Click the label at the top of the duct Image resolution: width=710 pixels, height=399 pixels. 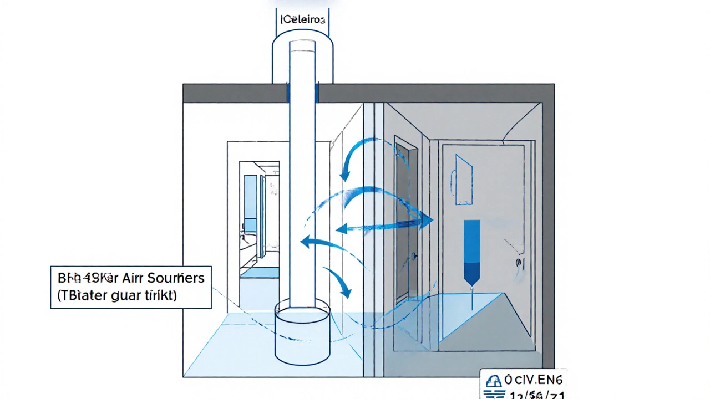[x=302, y=19]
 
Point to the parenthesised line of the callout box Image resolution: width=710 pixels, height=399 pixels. [x=117, y=295]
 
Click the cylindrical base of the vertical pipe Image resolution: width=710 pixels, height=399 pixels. [x=302, y=332]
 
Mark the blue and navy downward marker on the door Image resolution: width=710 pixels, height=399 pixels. [x=471, y=252]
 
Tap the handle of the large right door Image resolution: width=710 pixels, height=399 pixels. [x=519, y=263]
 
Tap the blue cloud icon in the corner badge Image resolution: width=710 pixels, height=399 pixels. [x=493, y=381]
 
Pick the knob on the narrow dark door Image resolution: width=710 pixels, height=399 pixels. [x=414, y=256]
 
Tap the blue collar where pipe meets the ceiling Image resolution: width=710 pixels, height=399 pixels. [x=302, y=93]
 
